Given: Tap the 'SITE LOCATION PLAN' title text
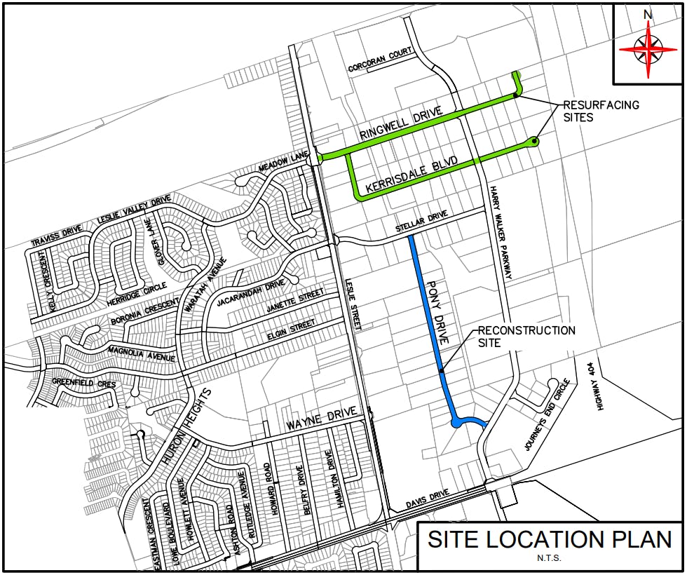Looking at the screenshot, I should coord(550,540).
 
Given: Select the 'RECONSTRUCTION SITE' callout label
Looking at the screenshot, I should coord(526,337).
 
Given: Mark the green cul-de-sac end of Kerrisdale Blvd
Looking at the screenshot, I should coord(536,142).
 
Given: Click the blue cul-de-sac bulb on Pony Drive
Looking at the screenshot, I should coord(457,421).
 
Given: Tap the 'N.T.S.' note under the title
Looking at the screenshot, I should coord(550,559).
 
